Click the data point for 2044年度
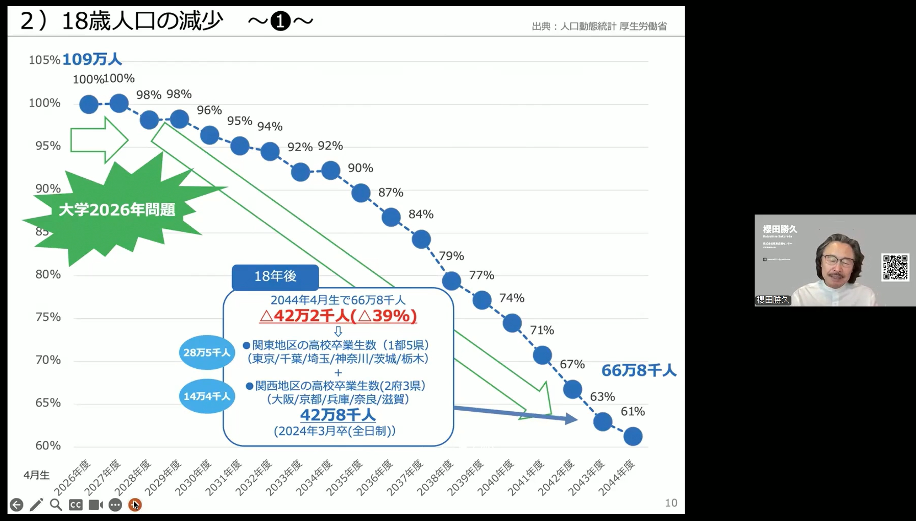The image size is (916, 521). click(633, 436)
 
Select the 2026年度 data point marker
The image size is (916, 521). click(89, 104)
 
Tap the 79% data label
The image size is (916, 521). click(451, 256)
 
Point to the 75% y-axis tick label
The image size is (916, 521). click(48, 317)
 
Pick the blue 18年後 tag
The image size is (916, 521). click(275, 276)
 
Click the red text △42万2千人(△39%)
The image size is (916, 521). click(338, 316)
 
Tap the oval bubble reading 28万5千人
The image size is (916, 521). click(207, 352)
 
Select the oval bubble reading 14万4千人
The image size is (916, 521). click(207, 396)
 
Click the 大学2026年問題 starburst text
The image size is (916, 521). click(117, 210)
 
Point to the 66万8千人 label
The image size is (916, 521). click(639, 370)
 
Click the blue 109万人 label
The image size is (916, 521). click(92, 60)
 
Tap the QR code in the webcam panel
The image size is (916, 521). click(895, 267)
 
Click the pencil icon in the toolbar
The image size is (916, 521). click(36, 505)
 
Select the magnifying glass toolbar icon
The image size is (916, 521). click(56, 505)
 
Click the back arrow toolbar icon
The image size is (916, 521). click(16, 505)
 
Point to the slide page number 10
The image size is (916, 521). click(671, 503)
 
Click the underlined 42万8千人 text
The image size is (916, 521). click(338, 415)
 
